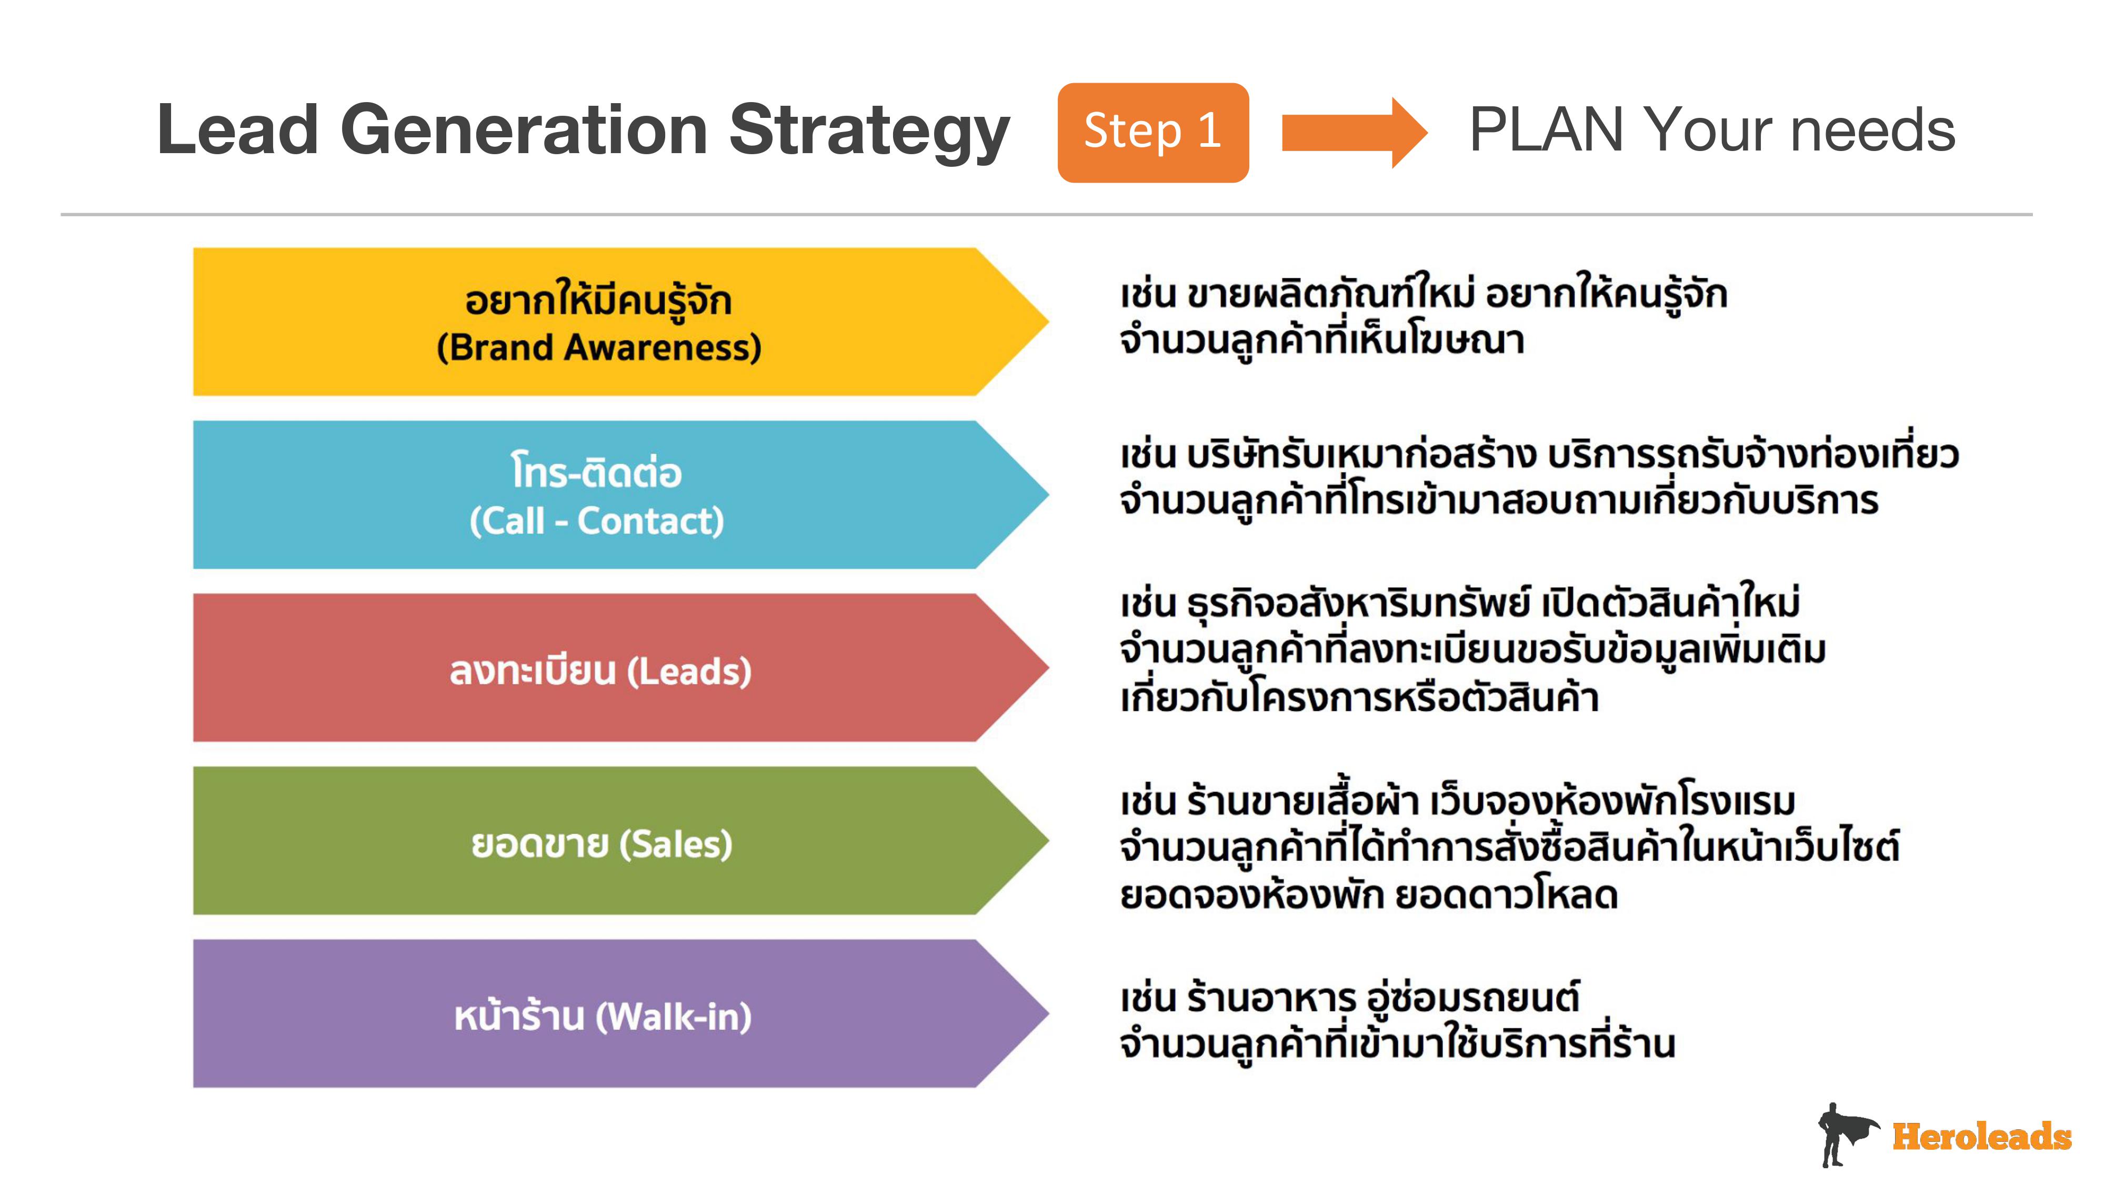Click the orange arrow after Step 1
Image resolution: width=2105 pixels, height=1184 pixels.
click(1354, 133)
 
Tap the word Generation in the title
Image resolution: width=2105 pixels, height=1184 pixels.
click(524, 130)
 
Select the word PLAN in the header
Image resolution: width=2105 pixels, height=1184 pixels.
click(1545, 130)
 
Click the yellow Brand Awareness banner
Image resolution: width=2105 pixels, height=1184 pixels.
click(621, 322)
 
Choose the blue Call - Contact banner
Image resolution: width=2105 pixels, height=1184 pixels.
click(621, 494)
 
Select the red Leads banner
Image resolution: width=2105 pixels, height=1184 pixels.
click(621, 668)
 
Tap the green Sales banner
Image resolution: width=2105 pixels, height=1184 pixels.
click(621, 841)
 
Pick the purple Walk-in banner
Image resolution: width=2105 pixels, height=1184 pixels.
click(621, 1013)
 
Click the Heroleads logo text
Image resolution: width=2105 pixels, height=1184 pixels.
click(1982, 1137)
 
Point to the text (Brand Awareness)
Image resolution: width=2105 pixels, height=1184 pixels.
click(599, 348)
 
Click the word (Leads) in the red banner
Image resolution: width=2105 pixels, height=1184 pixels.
click(689, 671)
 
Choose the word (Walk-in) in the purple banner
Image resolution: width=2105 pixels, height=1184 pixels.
click(674, 1017)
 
